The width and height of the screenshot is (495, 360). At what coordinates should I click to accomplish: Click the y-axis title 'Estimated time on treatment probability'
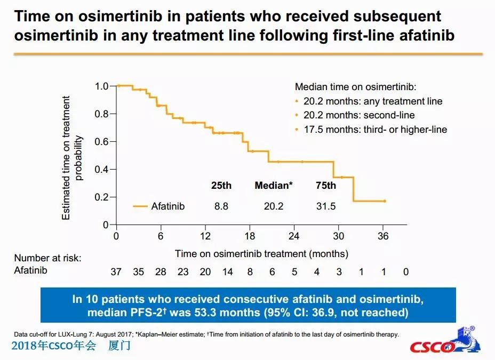coord(73,158)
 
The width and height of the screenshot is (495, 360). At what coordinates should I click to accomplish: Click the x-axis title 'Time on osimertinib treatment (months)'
coord(261,253)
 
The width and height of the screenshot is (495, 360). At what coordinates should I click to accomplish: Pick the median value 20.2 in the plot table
coord(274,206)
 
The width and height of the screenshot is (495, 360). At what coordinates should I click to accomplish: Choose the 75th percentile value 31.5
coord(325,206)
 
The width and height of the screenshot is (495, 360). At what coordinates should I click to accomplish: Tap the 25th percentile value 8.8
coord(221,206)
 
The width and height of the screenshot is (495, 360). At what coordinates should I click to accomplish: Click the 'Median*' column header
coord(274,186)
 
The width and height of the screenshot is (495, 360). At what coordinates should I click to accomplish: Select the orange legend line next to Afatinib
coord(140,206)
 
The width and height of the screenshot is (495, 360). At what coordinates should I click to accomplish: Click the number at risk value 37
coord(116,272)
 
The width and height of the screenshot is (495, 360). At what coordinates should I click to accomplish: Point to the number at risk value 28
coord(161,272)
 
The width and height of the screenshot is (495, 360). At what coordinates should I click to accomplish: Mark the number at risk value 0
coord(406,272)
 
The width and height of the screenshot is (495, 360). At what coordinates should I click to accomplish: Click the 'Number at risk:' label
coord(48,258)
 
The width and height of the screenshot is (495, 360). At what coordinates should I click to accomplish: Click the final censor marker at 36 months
coord(385,201)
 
